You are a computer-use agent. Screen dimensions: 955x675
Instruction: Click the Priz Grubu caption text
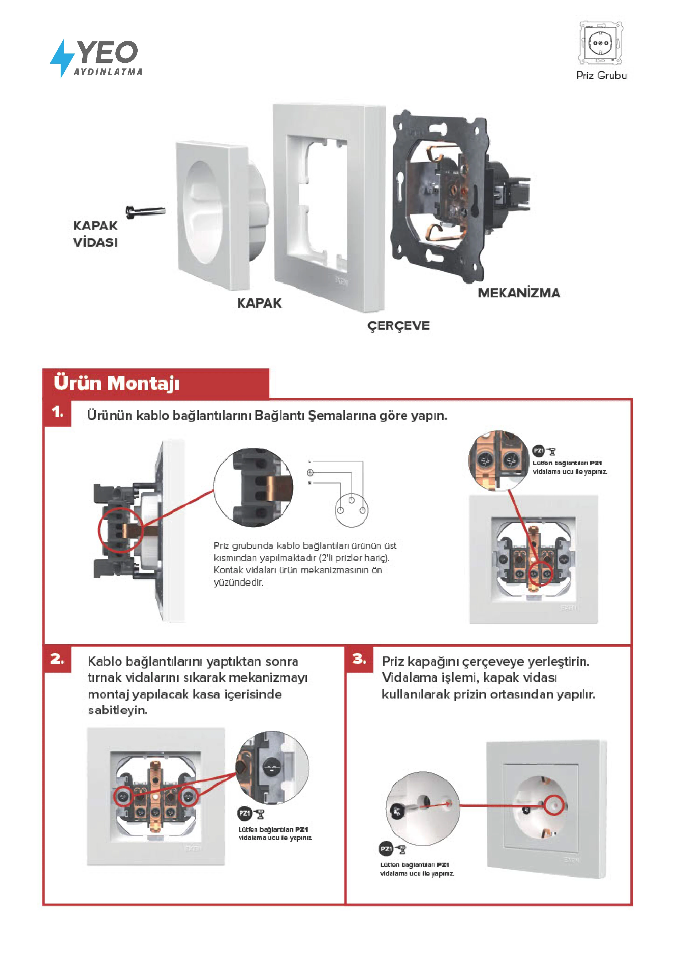pos(601,76)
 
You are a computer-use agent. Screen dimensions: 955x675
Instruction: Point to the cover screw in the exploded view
pos(146,211)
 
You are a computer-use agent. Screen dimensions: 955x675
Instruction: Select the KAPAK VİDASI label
pos(95,234)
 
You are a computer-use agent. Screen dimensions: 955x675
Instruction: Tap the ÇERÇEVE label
pos(398,326)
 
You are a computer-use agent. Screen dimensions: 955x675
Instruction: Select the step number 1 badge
pos(58,412)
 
